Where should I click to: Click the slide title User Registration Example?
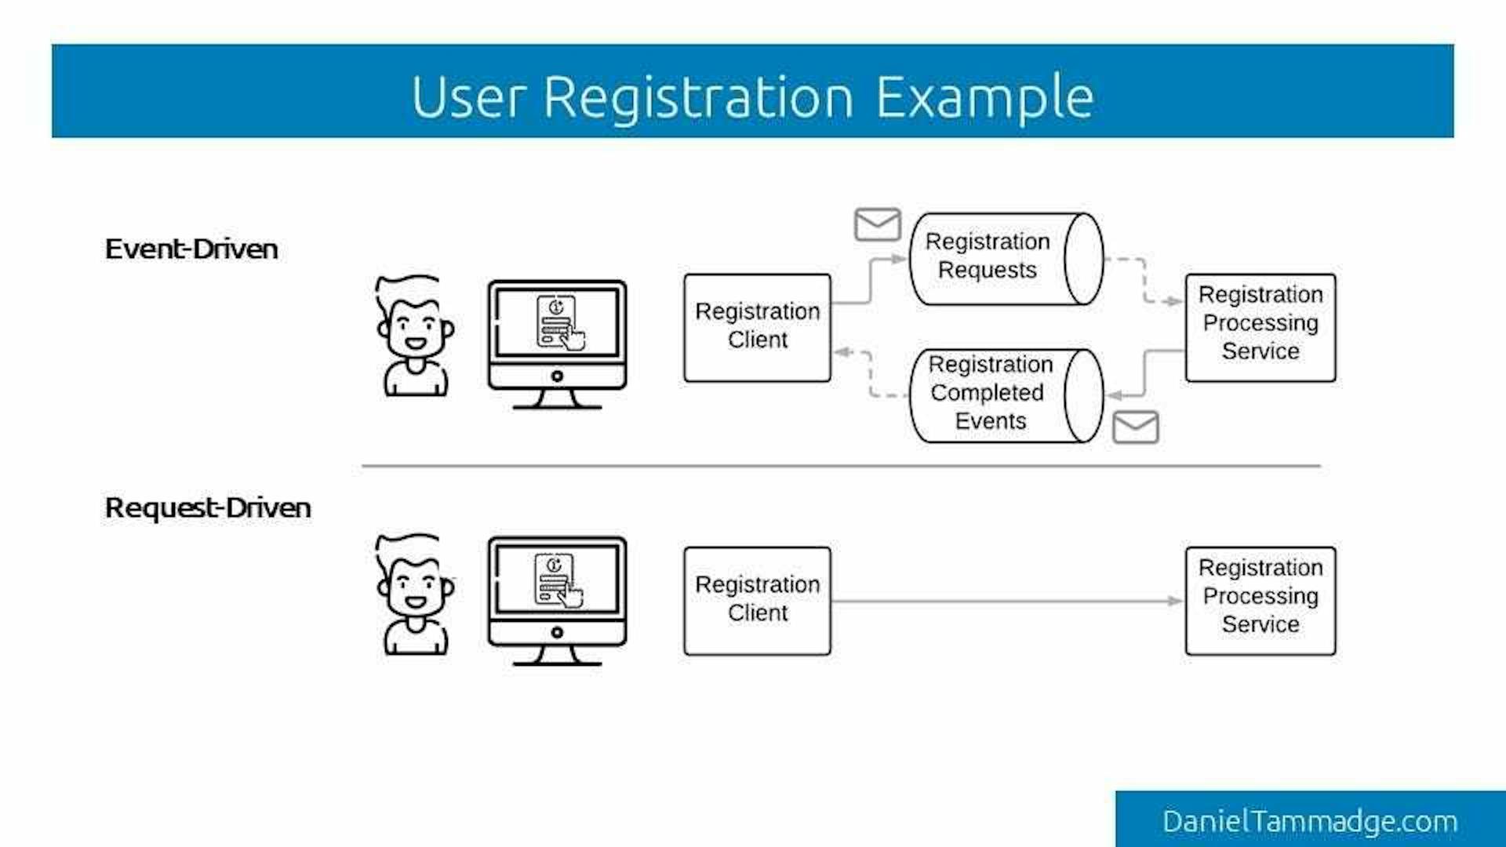point(751,97)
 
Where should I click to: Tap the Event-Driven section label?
point(191,249)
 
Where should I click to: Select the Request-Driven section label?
point(208,508)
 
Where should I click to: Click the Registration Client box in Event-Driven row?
point(757,327)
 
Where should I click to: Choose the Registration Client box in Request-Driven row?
point(757,600)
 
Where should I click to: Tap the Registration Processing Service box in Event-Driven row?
point(1260,327)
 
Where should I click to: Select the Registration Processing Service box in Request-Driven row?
point(1260,600)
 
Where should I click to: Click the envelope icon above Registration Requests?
point(877,224)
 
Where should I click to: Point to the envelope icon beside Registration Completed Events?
point(1135,427)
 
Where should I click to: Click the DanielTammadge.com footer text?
point(1309,821)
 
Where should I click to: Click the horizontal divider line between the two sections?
point(841,466)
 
